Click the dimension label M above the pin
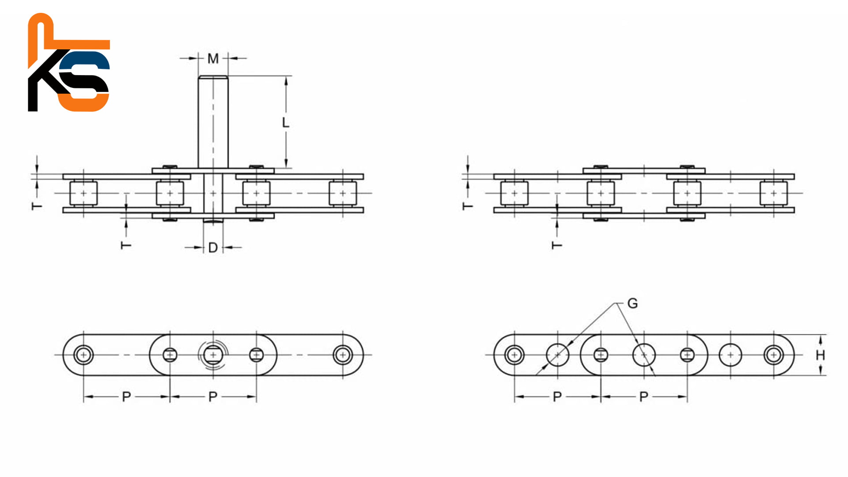(x=213, y=58)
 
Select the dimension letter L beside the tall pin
(x=285, y=122)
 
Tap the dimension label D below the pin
(x=213, y=248)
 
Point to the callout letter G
(x=632, y=303)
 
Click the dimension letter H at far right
(x=820, y=355)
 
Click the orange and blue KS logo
(x=69, y=62)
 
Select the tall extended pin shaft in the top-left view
(x=213, y=122)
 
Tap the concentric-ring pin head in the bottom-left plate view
(x=213, y=355)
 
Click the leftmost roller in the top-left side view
(x=83, y=193)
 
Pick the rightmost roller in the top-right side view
(x=773, y=193)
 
